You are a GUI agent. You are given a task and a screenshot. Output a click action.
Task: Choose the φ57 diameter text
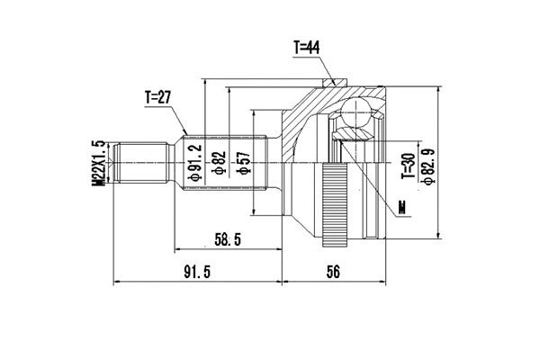[x=240, y=164]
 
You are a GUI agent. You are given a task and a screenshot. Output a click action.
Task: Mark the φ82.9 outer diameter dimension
[x=429, y=165]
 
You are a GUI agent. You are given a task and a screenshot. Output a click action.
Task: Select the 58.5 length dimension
[x=226, y=238]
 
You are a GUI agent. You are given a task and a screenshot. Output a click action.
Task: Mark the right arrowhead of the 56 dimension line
[x=383, y=282]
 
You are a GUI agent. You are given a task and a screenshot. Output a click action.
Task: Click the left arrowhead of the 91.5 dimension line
[x=117, y=282]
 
